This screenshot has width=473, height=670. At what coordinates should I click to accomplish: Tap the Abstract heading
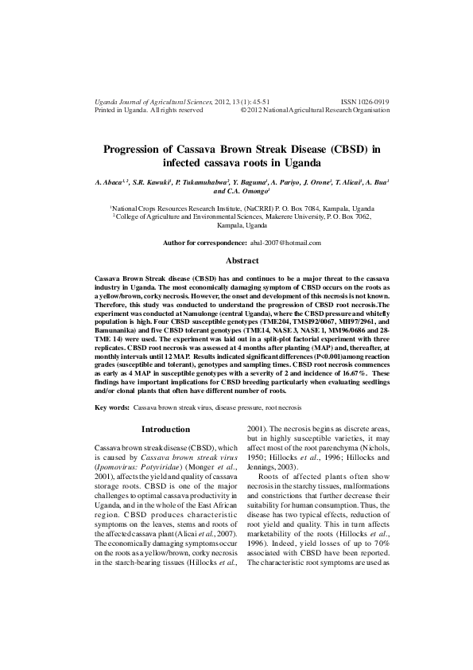tap(242, 260)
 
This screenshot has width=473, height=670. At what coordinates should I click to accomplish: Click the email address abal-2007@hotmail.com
tap(285, 242)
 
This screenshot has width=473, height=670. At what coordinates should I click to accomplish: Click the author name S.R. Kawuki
tap(151, 182)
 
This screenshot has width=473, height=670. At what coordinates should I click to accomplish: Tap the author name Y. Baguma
tap(250, 182)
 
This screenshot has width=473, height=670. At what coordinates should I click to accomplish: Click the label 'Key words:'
tap(112, 407)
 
